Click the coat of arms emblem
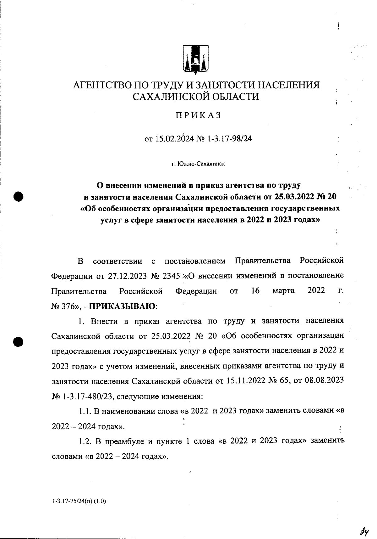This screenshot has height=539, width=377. pyautogui.click(x=196, y=60)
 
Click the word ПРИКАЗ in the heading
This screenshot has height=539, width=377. pyautogui.click(x=198, y=116)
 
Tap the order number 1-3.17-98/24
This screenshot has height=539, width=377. pyautogui.click(x=229, y=139)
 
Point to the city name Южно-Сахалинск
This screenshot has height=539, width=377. pyautogui.click(x=201, y=164)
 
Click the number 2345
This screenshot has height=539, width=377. pyautogui.click(x=171, y=276)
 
